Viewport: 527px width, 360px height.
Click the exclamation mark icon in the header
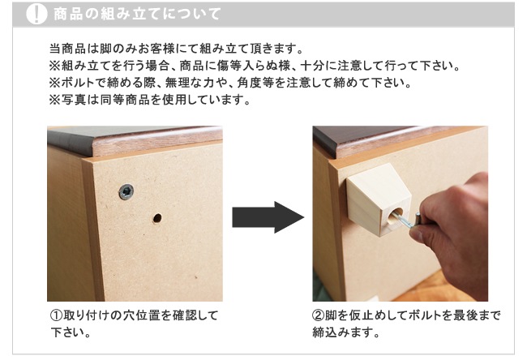pyautogui.click(x=36, y=14)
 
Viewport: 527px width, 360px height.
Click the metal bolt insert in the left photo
pyautogui.click(x=126, y=192)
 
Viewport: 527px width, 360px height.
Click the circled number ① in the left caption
pyautogui.click(x=56, y=315)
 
